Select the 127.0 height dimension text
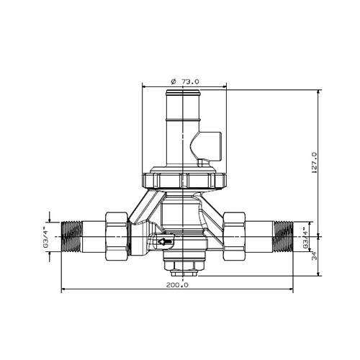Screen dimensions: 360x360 pos(313,163)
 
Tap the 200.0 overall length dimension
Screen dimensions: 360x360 pos(176,284)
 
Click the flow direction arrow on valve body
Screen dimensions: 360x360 pos(165,243)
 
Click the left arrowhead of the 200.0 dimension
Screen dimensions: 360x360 pos(63,290)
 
